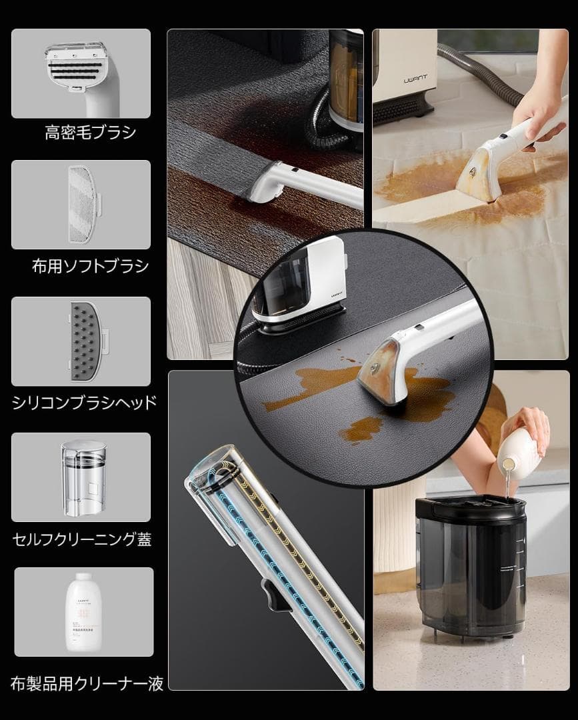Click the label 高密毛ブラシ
click(x=90, y=132)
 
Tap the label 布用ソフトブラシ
click(x=90, y=267)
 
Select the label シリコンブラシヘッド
click(x=85, y=402)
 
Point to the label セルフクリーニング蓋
click(x=82, y=539)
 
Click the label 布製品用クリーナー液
click(x=87, y=683)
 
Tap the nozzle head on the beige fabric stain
click(x=479, y=173)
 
